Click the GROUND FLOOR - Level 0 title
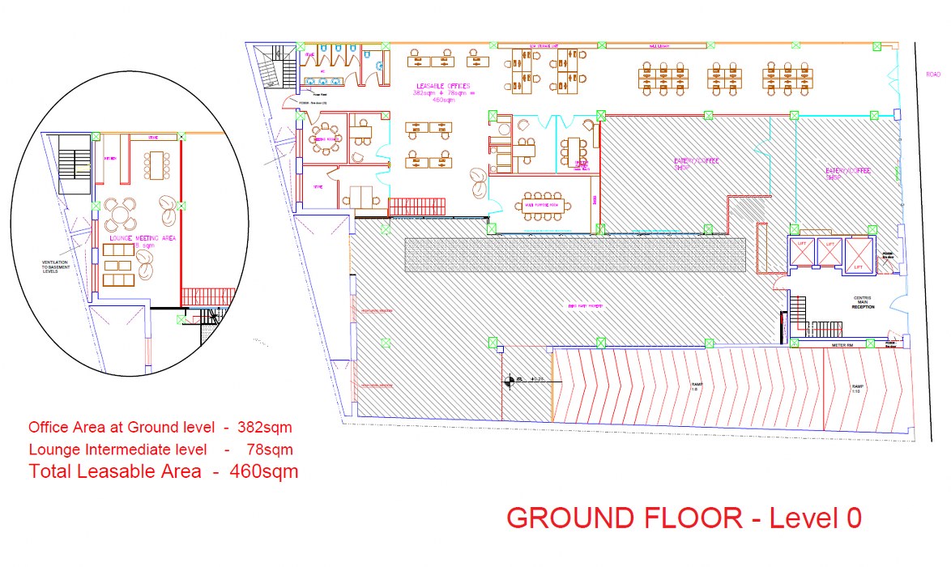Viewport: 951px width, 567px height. click(x=683, y=517)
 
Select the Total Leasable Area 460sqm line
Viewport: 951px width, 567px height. click(x=164, y=471)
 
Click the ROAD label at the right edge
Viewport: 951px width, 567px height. click(x=933, y=74)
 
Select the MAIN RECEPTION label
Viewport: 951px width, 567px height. click(x=861, y=303)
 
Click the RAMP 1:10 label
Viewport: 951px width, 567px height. click(x=857, y=389)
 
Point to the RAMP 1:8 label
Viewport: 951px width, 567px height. click(x=696, y=386)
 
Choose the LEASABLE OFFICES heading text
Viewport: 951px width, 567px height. click(x=443, y=86)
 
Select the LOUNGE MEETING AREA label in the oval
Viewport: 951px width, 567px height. click(x=142, y=238)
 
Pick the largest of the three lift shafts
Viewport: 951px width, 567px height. click(x=859, y=255)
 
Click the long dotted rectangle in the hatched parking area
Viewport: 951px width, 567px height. click(x=574, y=254)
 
